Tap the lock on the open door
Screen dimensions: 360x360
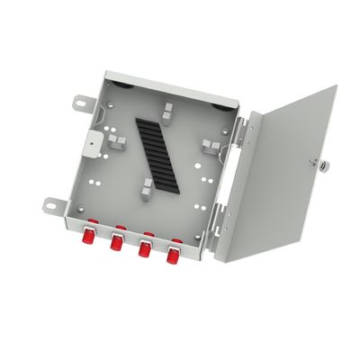pyautogui.click(x=313, y=164)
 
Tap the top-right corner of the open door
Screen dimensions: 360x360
pyautogui.click(x=336, y=86)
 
